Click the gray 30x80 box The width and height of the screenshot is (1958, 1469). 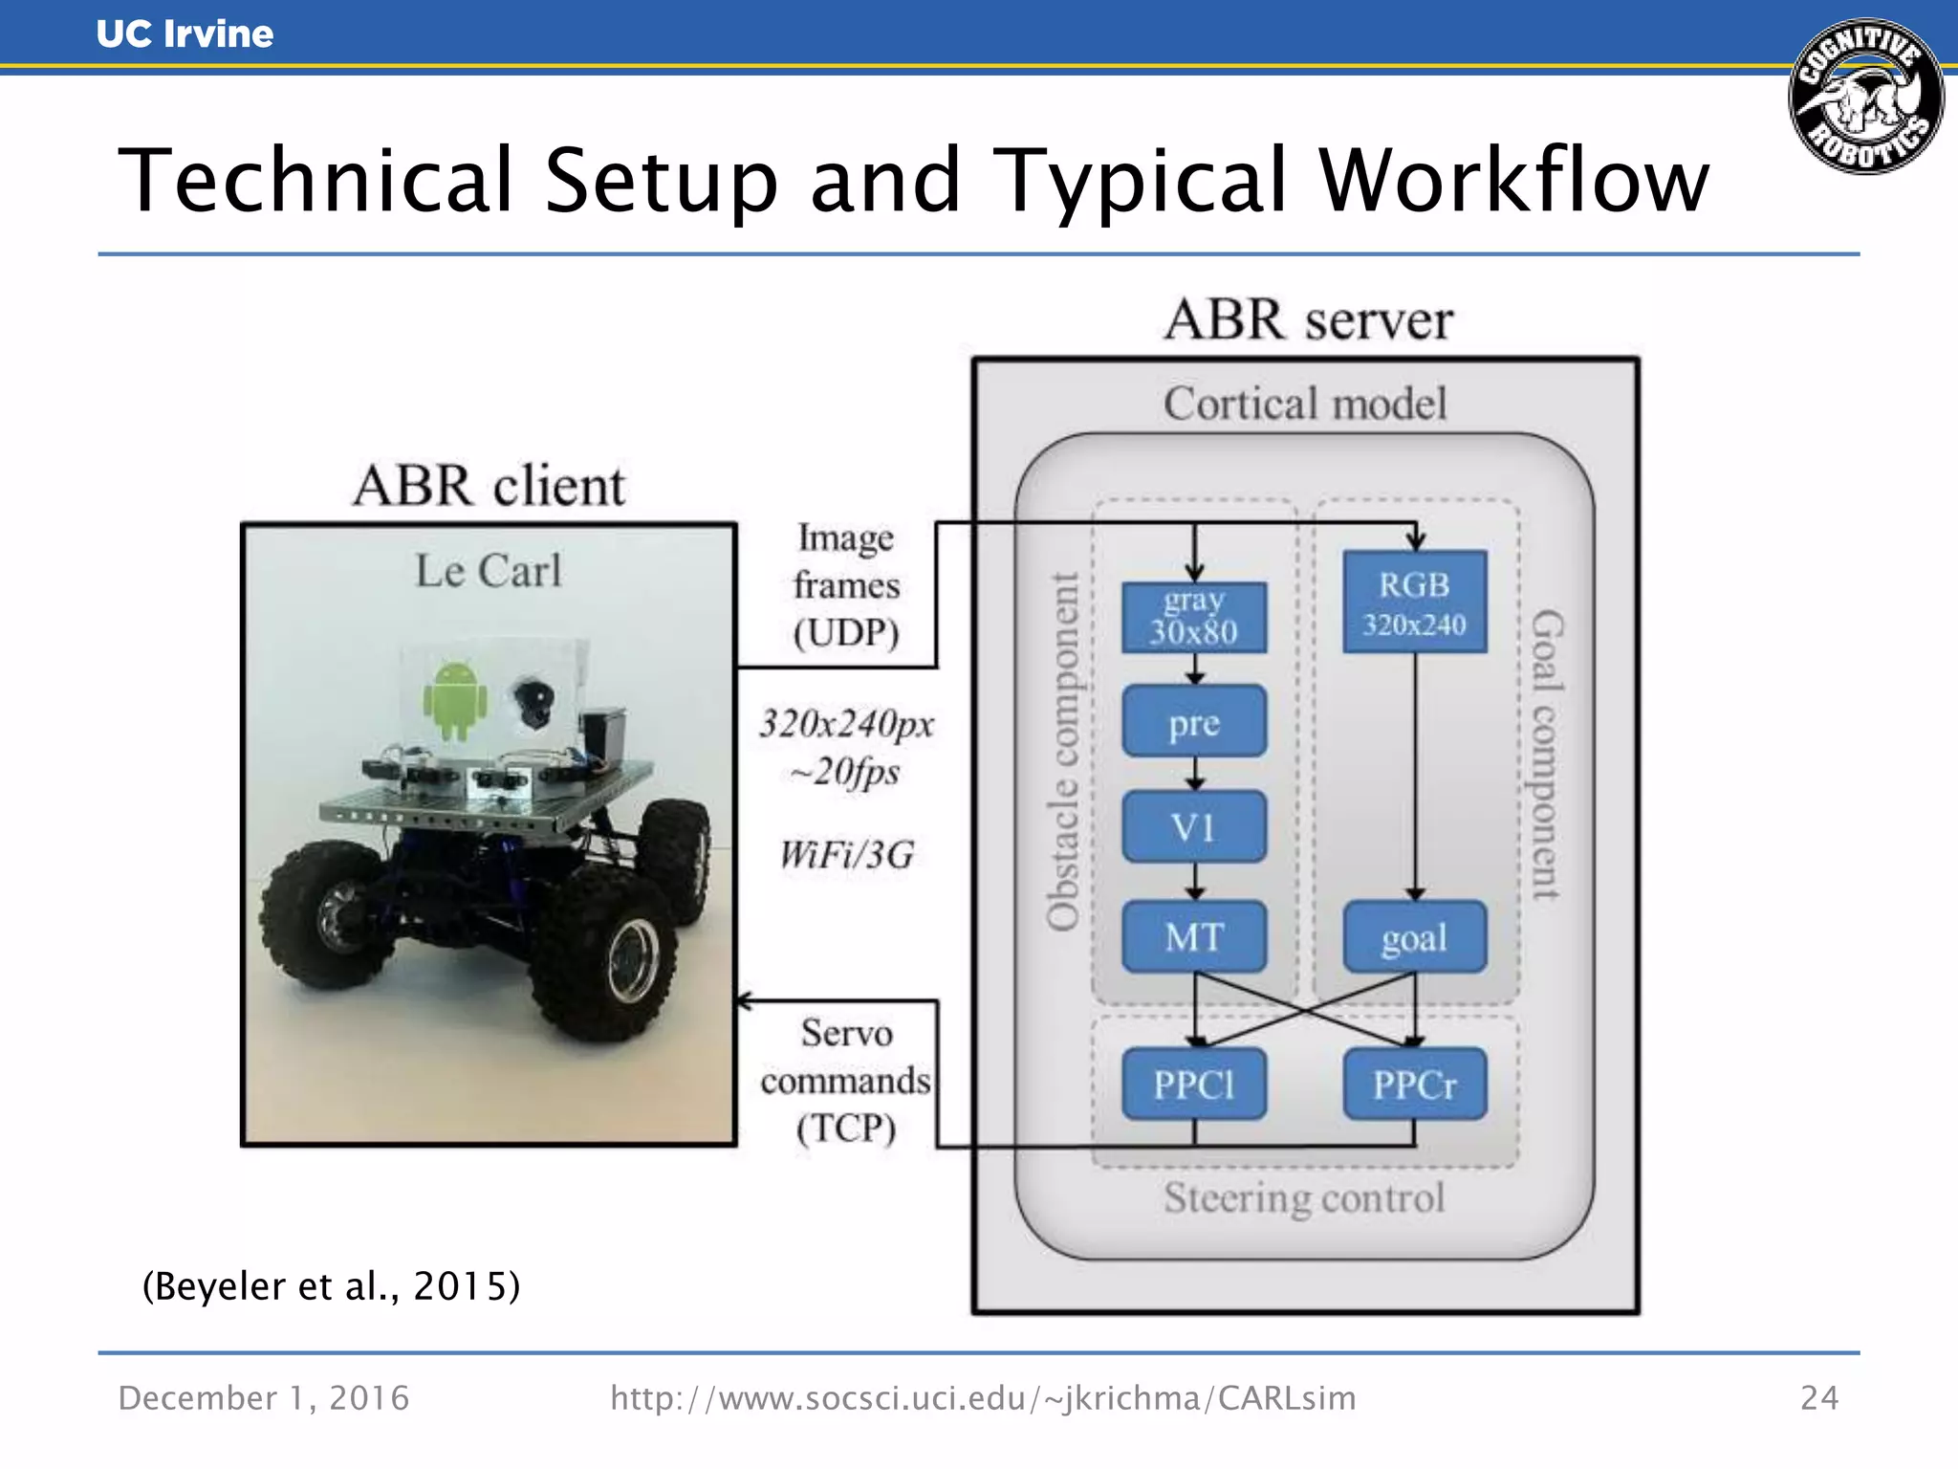tap(1194, 617)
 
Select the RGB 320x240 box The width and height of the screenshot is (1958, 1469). tap(1414, 602)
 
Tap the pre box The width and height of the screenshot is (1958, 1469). tap(1194, 721)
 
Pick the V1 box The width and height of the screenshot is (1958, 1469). tap(1194, 826)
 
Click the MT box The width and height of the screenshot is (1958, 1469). tap(1194, 936)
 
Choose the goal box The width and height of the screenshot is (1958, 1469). tap(1414, 936)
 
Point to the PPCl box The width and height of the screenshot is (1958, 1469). tap(1194, 1084)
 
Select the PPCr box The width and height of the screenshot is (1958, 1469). tap(1414, 1084)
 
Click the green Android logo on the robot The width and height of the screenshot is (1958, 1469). tap(454, 701)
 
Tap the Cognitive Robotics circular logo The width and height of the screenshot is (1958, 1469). tap(1865, 97)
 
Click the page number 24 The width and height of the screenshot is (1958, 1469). tap(1818, 1398)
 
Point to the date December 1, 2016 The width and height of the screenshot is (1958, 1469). tap(263, 1398)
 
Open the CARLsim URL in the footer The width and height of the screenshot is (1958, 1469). tap(983, 1398)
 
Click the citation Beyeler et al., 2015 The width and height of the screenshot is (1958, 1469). tap(331, 1285)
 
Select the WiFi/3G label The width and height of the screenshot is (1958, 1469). tap(846, 854)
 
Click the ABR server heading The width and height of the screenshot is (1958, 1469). tap(1308, 319)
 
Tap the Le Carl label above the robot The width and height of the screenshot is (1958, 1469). tap(488, 571)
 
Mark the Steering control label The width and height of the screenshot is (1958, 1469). tap(1304, 1197)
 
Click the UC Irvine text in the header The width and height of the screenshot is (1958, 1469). tap(185, 34)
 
